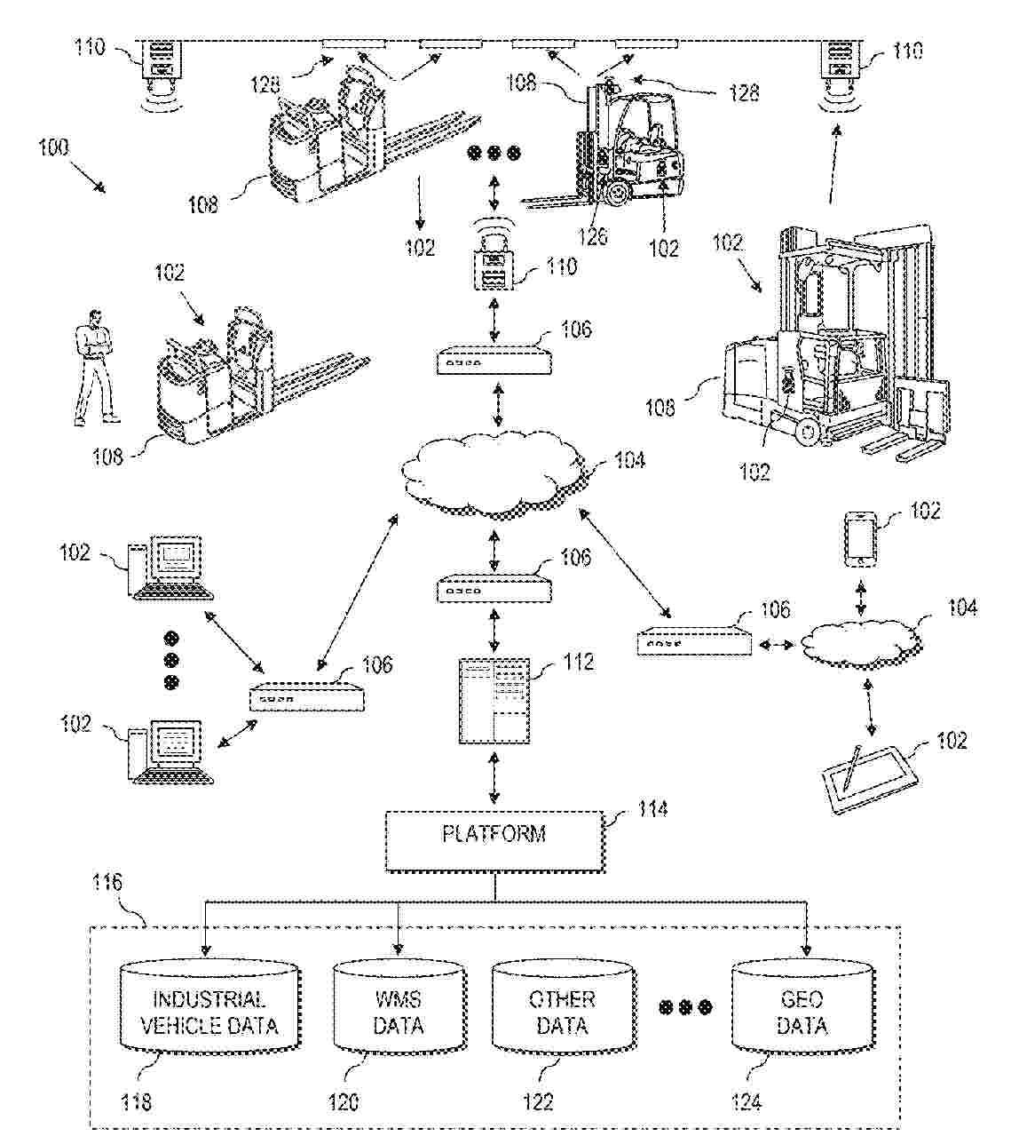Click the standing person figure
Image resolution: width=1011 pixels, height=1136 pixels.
tap(93, 366)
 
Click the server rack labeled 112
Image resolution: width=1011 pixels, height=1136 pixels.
tap(494, 701)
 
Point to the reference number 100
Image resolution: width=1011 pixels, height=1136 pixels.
tap(53, 147)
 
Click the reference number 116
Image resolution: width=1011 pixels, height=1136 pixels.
tap(107, 884)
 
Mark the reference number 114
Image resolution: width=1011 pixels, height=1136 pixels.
tap(653, 809)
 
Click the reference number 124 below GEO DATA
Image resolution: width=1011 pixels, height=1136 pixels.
tap(746, 1102)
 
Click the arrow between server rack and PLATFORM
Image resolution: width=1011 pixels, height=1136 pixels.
tap(494, 777)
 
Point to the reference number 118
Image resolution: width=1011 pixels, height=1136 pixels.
tap(135, 1102)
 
